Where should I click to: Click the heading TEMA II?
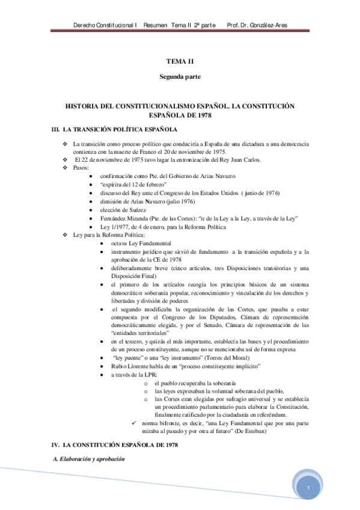click(x=180, y=61)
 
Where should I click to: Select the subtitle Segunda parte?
click(x=180, y=77)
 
